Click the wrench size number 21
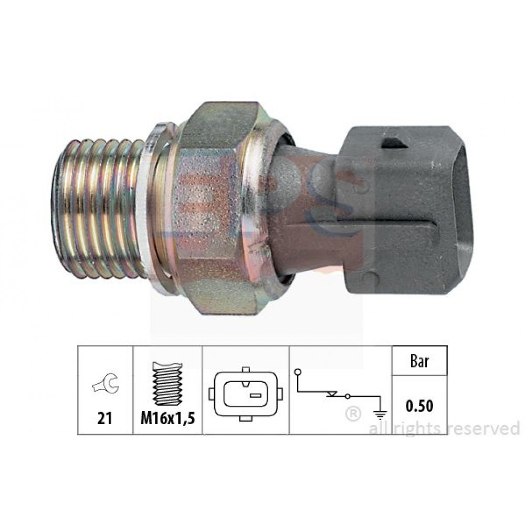pos(104,418)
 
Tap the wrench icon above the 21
pos(106,384)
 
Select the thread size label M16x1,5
pos(168,418)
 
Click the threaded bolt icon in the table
pos(168,384)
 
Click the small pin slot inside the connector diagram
pos(256,395)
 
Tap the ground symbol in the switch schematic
pos(380,415)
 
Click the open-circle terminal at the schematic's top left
pos(298,372)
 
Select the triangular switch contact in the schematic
pos(331,394)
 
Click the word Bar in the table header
pos(419,362)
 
